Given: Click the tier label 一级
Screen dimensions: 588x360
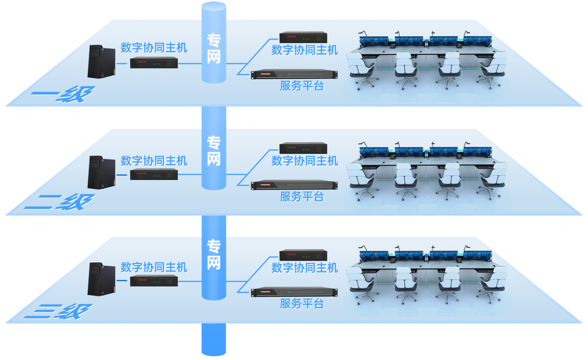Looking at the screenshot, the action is coord(63,94).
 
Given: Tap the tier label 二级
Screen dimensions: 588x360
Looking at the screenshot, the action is coord(60,202).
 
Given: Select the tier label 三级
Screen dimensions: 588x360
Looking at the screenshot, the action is coord(58,311).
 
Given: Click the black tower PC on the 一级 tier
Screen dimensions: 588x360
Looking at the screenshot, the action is coord(102,62).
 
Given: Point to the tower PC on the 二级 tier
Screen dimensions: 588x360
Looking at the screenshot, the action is coord(102,172).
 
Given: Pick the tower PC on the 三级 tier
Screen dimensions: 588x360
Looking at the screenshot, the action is coord(102,279).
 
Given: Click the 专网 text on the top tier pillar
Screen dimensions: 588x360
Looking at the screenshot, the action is coord(214,48).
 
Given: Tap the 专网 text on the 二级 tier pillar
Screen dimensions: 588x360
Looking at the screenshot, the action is coord(214,151).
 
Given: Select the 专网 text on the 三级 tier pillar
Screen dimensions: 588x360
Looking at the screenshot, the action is coord(214,254).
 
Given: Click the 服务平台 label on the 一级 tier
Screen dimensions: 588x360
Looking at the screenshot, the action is coord(302,86).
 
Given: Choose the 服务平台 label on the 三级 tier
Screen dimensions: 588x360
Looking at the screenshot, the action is coord(302,304).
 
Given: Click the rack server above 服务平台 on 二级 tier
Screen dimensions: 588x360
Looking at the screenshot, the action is coord(294,185).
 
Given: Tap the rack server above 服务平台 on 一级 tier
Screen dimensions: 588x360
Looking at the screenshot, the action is coord(294,74).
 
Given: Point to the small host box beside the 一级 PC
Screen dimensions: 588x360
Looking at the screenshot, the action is coord(154,62).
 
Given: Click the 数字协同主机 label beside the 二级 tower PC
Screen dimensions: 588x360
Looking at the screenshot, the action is coord(154,161).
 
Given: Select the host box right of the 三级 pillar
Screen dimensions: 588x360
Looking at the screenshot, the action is coord(303,255).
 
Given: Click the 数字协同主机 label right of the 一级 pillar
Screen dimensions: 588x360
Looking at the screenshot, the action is coord(305,50).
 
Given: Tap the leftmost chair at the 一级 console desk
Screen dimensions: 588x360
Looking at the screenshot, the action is coord(362,71).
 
